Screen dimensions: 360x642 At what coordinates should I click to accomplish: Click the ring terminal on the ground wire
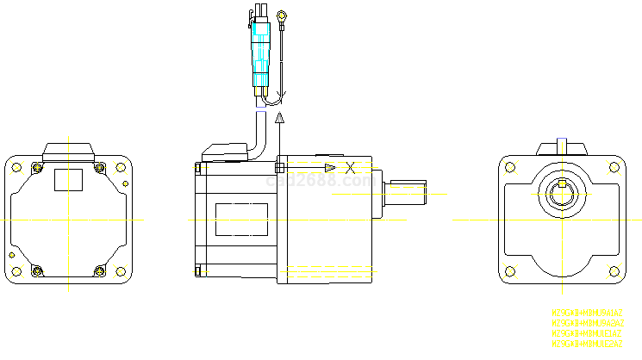click(282, 14)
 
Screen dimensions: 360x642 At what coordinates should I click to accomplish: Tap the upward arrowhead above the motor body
click(279, 118)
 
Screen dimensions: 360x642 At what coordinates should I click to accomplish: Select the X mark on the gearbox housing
click(350, 166)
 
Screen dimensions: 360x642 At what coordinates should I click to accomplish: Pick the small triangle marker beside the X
click(329, 166)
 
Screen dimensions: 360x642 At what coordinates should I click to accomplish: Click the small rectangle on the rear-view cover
click(68, 179)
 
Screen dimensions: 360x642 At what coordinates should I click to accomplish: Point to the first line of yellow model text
click(587, 313)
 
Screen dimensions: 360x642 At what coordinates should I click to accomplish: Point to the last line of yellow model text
click(587, 344)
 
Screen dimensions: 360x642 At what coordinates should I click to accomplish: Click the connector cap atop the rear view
click(68, 150)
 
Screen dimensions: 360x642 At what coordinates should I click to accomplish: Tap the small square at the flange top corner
click(279, 166)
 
